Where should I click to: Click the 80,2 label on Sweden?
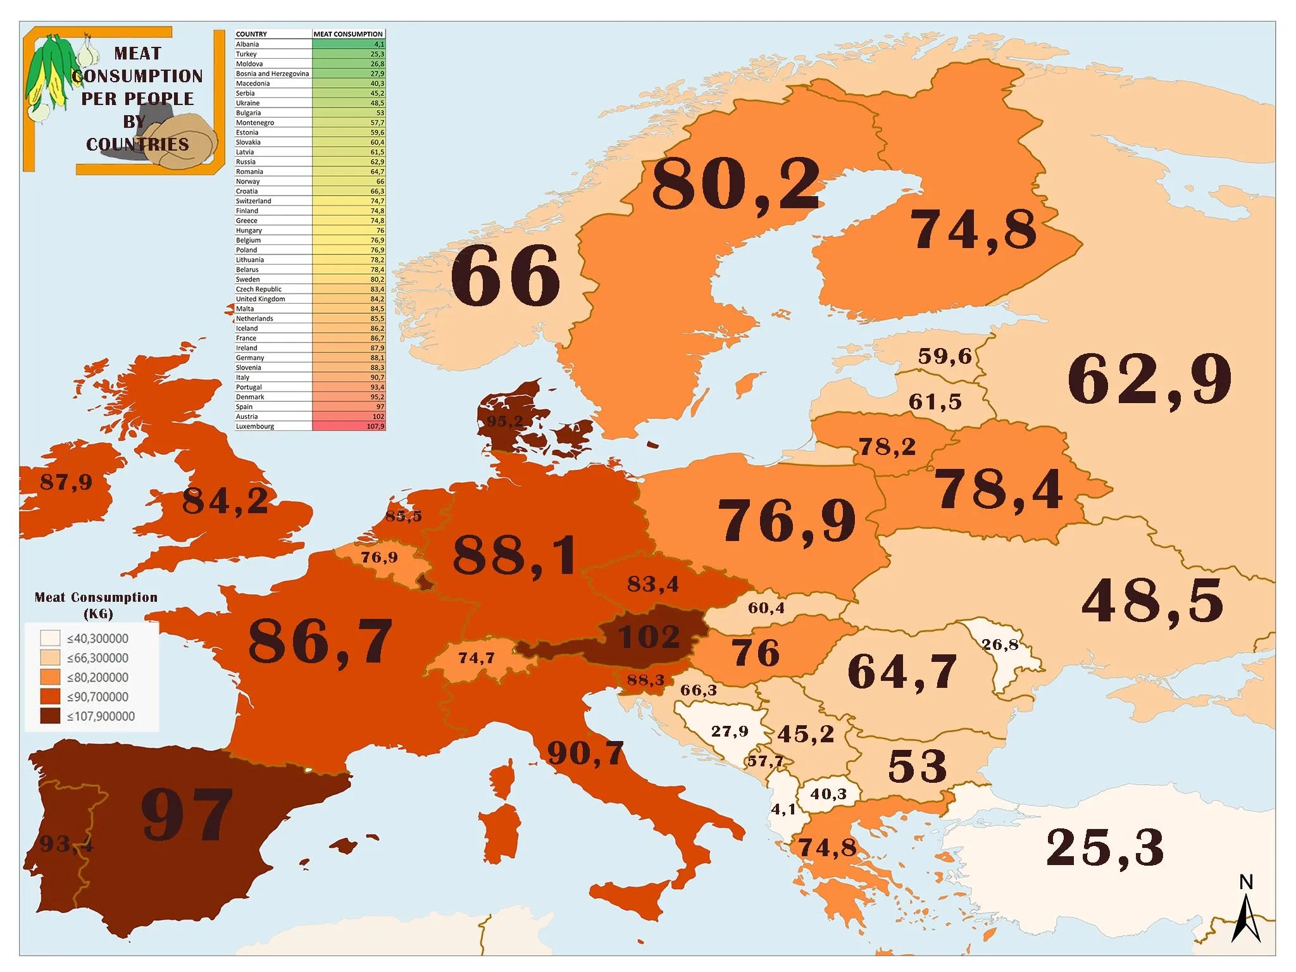pos(736,185)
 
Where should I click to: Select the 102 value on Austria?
pos(649,637)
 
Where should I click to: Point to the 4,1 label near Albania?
pos(783,809)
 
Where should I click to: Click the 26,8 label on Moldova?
pos(1000,645)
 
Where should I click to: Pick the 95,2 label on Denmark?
pos(505,421)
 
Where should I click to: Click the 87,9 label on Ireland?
pos(66,482)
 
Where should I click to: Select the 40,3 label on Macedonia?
pos(828,794)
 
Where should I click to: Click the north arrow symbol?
pos(1246,911)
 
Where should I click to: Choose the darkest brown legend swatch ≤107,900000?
pos(50,716)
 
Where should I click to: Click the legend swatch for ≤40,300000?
pos(50,638)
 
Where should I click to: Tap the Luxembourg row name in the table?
pos(255,427)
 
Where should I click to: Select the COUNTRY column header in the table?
pos(251,34)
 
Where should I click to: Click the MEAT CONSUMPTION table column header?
pos(348,34)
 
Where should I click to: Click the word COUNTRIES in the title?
pos(137,144)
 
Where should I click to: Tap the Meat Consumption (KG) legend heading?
pos(96,605)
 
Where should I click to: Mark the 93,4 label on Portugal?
pos(66,844)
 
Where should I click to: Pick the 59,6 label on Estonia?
pos(945,356)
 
